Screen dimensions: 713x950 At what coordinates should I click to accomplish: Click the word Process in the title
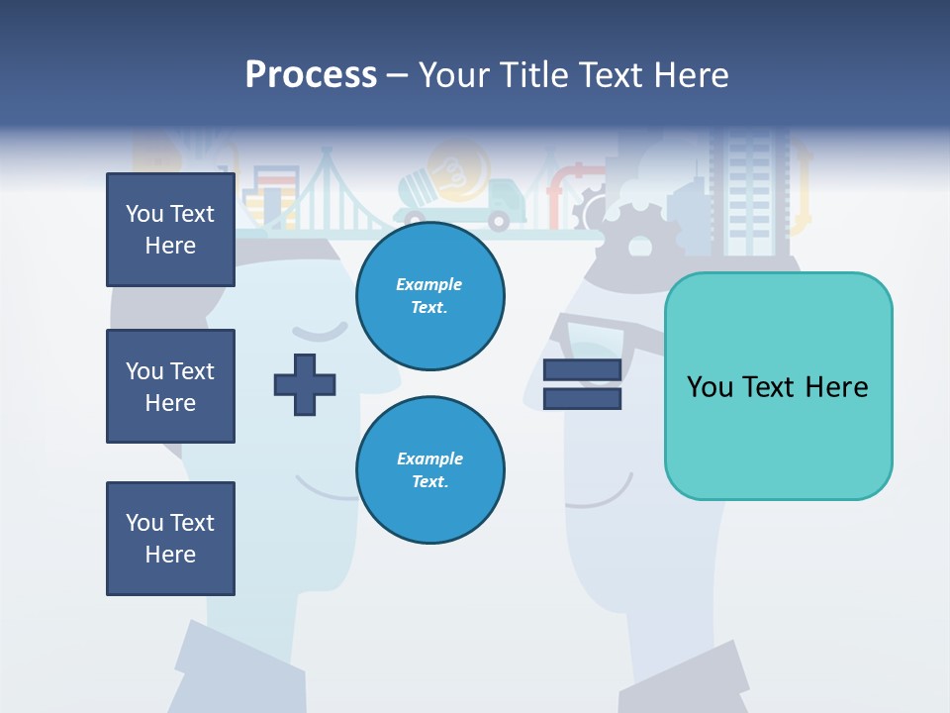point(311,75)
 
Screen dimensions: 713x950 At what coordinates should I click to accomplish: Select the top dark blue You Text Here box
point(170,230)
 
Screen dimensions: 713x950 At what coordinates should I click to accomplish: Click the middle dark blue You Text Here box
point(170,386)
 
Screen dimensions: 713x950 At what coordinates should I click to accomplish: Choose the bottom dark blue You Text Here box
point(170,539)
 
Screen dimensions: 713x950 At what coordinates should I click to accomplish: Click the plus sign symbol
point(305,384)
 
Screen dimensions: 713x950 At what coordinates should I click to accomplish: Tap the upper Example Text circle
point(429,296)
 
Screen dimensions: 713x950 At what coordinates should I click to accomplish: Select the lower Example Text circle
point(429,470)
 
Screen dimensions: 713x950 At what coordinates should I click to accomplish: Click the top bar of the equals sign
point(582,370)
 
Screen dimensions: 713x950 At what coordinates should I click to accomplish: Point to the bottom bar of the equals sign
point(582,398)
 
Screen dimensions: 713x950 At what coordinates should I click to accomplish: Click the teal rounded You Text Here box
point(778,386)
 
